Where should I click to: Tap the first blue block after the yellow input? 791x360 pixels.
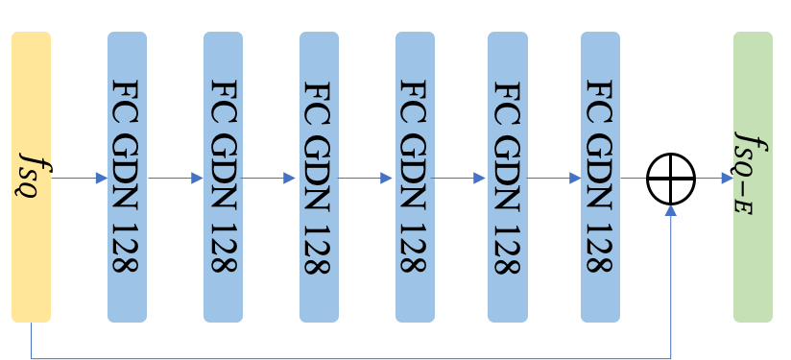(127, 177)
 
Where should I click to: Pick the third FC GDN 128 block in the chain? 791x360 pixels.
(319, 177)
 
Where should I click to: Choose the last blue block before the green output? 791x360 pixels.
(600, 177)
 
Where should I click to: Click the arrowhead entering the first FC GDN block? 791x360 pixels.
(102, 179)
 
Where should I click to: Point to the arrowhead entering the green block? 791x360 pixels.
(728, 179)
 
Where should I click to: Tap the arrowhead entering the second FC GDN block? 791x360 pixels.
(198, 179)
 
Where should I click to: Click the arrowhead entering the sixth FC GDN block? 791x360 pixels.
(575, 179)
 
